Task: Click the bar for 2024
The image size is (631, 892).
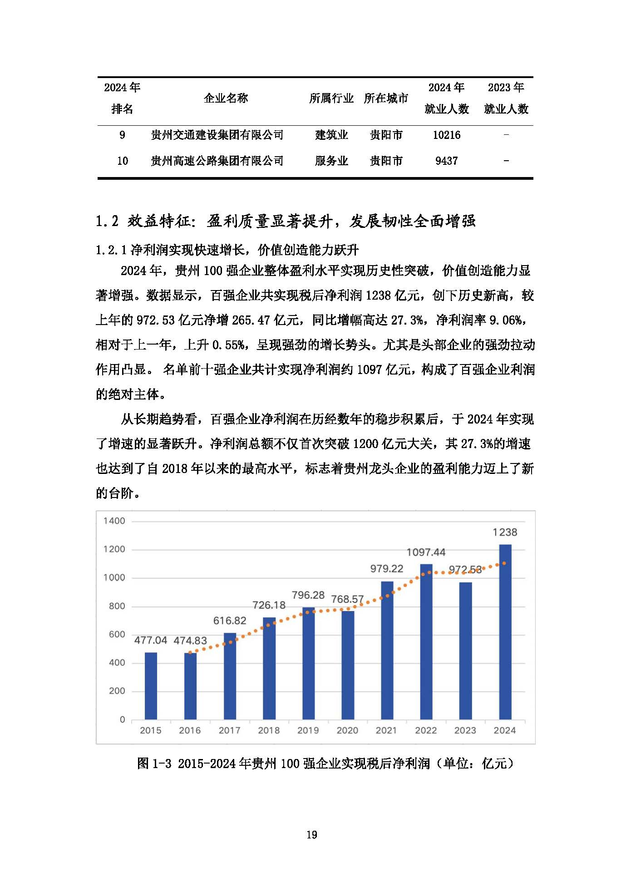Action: click(505, 631)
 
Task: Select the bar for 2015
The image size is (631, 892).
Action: click(151, 685)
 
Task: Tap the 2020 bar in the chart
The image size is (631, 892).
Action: click(348, 665)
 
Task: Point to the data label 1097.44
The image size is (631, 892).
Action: click(426, 552)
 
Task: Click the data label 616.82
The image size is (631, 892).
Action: click(230, 621)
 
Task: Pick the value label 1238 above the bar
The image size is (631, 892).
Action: click(505, 532)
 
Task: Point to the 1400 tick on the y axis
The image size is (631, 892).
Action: click(114, 521)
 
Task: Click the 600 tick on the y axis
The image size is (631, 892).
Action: click(117, 634)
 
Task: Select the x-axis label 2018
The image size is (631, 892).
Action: click(269, 730)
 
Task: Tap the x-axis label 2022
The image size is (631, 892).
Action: click(426, 730)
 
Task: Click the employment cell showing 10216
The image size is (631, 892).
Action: click(446, 135)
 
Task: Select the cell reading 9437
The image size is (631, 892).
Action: click(446, 161)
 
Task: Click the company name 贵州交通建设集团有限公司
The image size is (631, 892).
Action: click(217, 135)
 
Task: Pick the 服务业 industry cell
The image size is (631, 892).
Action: click(331, 161)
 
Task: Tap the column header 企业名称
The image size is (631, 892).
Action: click(226, 98)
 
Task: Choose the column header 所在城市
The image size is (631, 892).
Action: click(386, 98)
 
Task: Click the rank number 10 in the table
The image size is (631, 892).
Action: click(122, 161)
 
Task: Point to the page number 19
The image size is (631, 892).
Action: click(311, 834)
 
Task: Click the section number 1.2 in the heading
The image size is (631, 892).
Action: click(107, 221)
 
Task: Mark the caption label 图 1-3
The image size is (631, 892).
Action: click(154, 764)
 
